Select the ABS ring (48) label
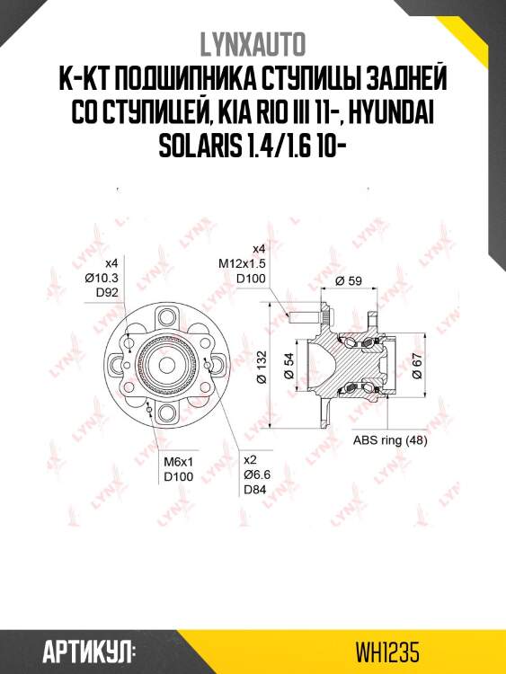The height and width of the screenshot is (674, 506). coord(389,440)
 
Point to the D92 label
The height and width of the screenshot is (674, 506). coord(109,293)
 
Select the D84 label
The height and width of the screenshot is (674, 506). coord(254,490)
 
